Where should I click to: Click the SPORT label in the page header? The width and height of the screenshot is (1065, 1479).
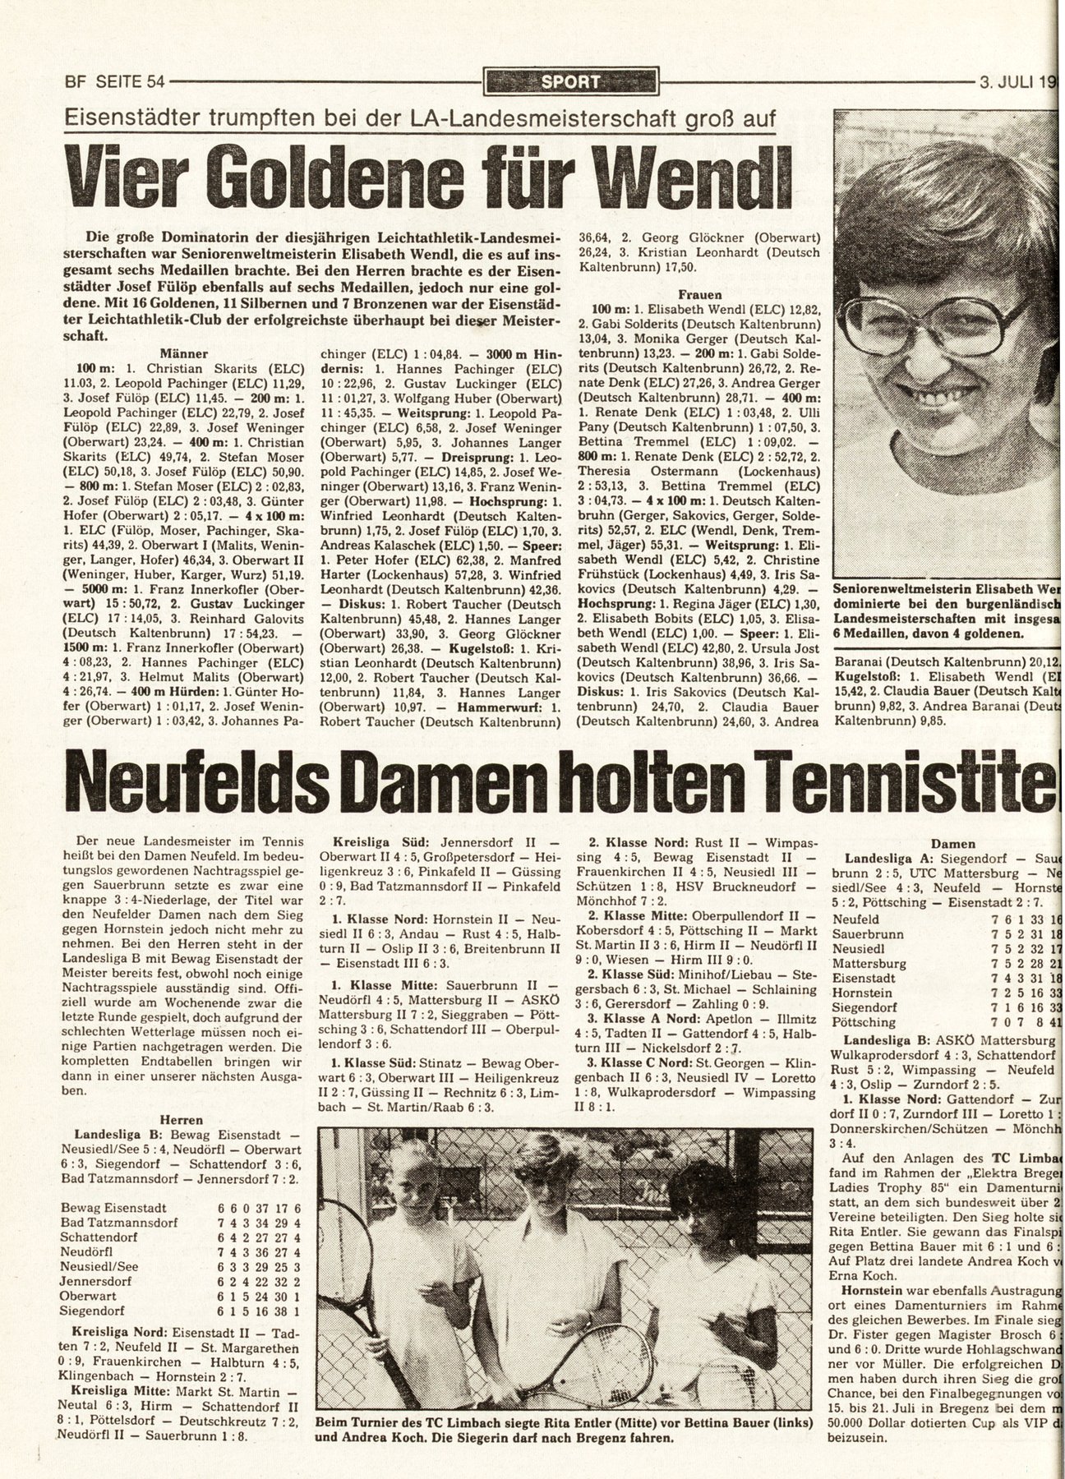570,81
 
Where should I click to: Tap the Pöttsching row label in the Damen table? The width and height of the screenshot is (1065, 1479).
864,1022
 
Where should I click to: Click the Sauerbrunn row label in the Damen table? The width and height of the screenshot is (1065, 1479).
869,934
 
